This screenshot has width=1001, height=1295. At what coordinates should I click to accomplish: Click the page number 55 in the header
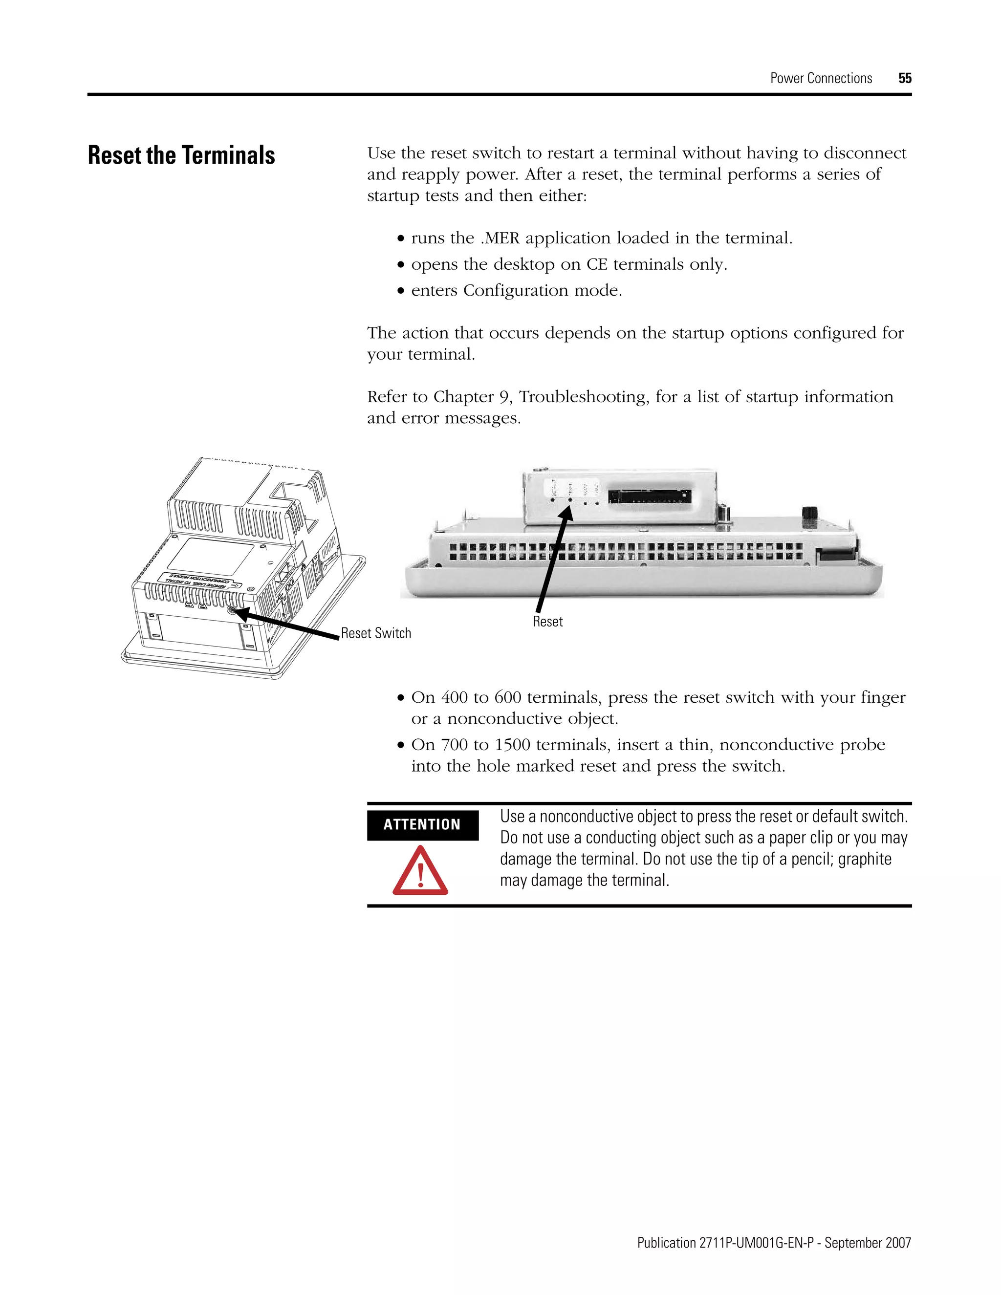(x=904, y=78)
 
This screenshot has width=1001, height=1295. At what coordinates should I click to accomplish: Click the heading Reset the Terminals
(x=181, y=155)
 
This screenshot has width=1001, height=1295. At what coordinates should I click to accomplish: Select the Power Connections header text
(x=821, y=78)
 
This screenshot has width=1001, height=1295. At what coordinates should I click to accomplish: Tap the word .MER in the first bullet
(x=500, y=238)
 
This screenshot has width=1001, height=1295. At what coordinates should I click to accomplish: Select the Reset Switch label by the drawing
(x=375, y=633)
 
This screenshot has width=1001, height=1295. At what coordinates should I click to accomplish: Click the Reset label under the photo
(x=547, y=622)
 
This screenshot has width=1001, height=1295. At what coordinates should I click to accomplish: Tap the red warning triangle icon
(x=420, y=872)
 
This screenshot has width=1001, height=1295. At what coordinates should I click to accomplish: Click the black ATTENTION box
(x=422, y=825)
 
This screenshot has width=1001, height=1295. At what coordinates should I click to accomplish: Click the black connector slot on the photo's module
(x=650, y=496)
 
